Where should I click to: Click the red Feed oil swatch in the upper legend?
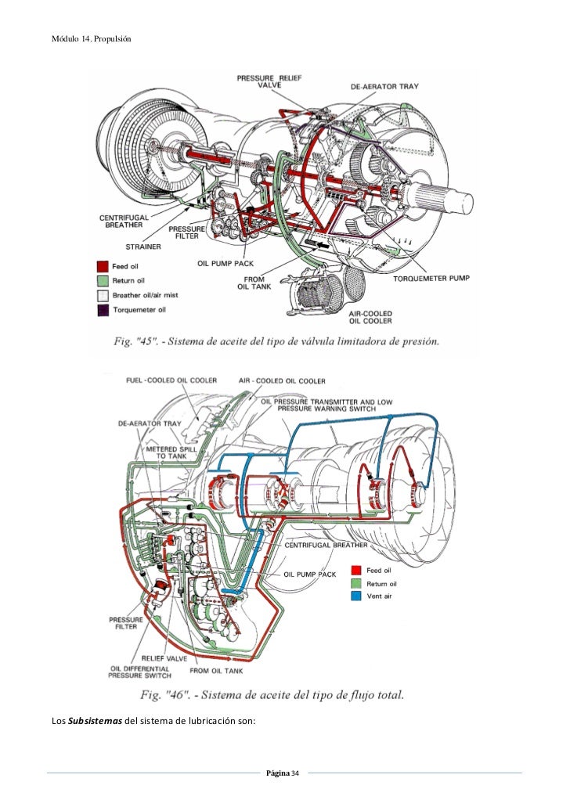tap(102, 266)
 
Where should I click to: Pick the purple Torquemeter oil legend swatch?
tap(102, 310)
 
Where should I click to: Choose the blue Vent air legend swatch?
tap(356, 597)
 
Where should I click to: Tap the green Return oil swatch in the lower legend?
tap(356, 584)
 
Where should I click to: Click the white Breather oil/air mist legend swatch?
tap(102, 295)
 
